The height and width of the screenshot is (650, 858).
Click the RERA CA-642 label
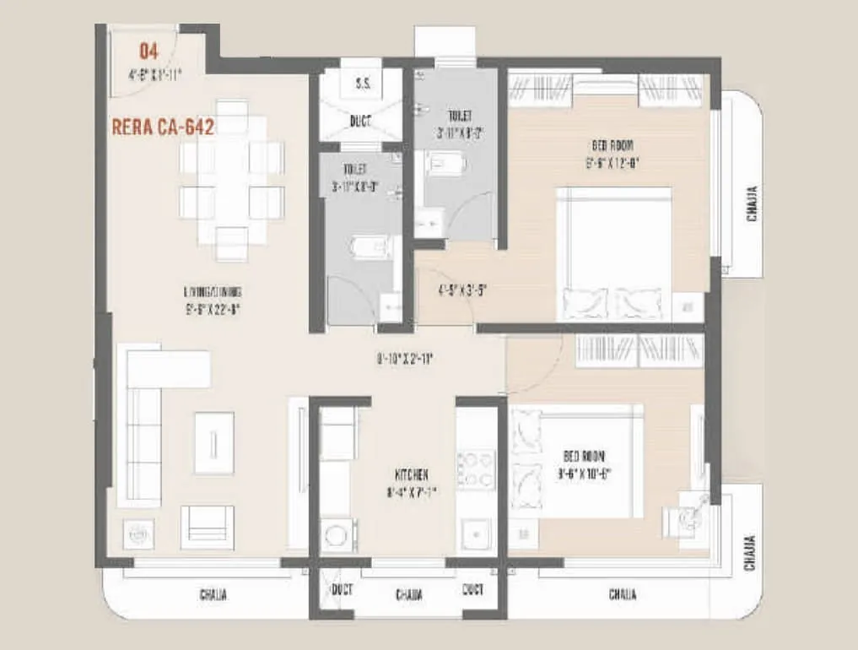coord(162,127)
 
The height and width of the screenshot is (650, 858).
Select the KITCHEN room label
coord(411,475)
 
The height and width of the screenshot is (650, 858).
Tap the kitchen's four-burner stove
coord(476,469)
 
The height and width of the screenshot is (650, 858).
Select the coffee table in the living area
coord(214,442)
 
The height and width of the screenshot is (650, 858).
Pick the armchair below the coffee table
coord(207,527)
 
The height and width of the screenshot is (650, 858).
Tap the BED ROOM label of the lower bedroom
coord(584,456)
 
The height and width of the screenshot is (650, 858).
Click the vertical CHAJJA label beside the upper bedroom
coord(752,204)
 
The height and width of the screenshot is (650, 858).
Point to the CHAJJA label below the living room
coord(213,594)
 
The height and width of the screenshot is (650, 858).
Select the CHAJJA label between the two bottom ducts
coord(408,595)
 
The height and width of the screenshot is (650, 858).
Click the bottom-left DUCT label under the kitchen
coord(342,589)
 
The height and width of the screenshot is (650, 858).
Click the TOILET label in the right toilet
coord(459,116)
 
